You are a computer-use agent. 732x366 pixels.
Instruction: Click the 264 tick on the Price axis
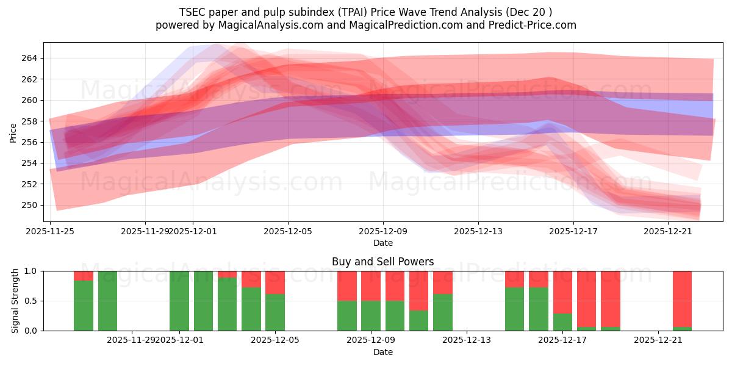tap(29, 59)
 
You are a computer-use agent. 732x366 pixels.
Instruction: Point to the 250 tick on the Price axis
tap(29, 205)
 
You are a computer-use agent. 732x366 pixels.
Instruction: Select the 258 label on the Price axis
tap(29, 121)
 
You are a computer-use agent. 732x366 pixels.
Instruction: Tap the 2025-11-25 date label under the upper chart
tap(50, 231)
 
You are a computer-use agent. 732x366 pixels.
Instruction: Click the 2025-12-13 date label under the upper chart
tap(478, 231)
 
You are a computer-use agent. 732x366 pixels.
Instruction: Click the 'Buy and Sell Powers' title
tap(382, 262)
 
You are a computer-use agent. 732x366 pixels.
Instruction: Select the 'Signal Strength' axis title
tap(16, 301)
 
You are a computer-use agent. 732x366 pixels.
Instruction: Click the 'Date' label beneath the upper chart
tap(382, 243)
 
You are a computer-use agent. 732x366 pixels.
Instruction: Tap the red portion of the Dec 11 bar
tap(418, 290)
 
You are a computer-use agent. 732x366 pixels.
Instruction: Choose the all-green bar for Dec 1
tap(179, 301)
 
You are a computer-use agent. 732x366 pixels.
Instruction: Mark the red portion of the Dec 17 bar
tap(562, 292)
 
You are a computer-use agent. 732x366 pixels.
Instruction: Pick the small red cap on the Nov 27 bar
tap(84, 276)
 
